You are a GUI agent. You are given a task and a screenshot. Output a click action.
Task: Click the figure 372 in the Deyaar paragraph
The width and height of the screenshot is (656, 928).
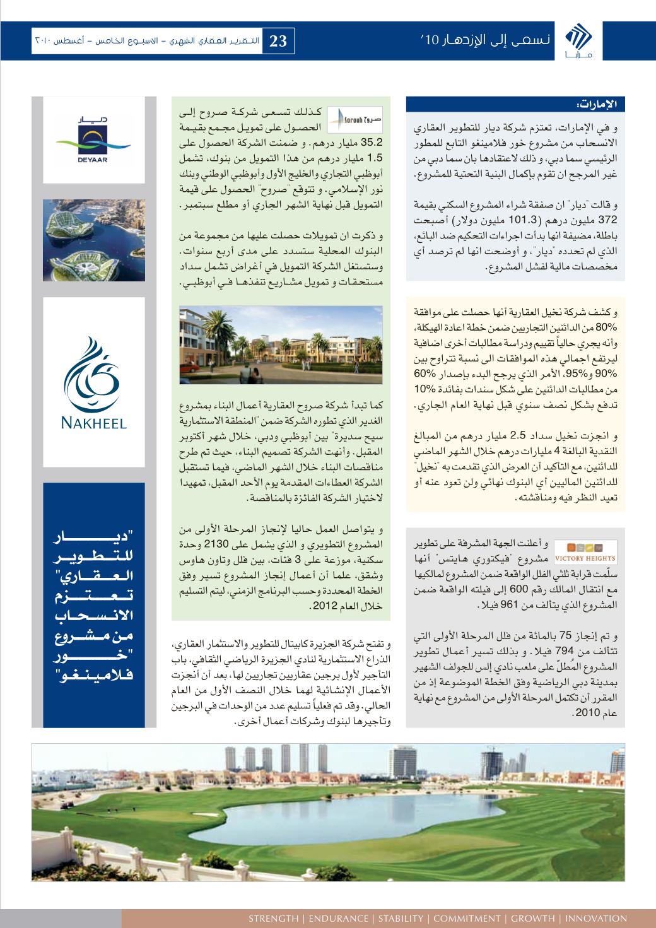612,220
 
